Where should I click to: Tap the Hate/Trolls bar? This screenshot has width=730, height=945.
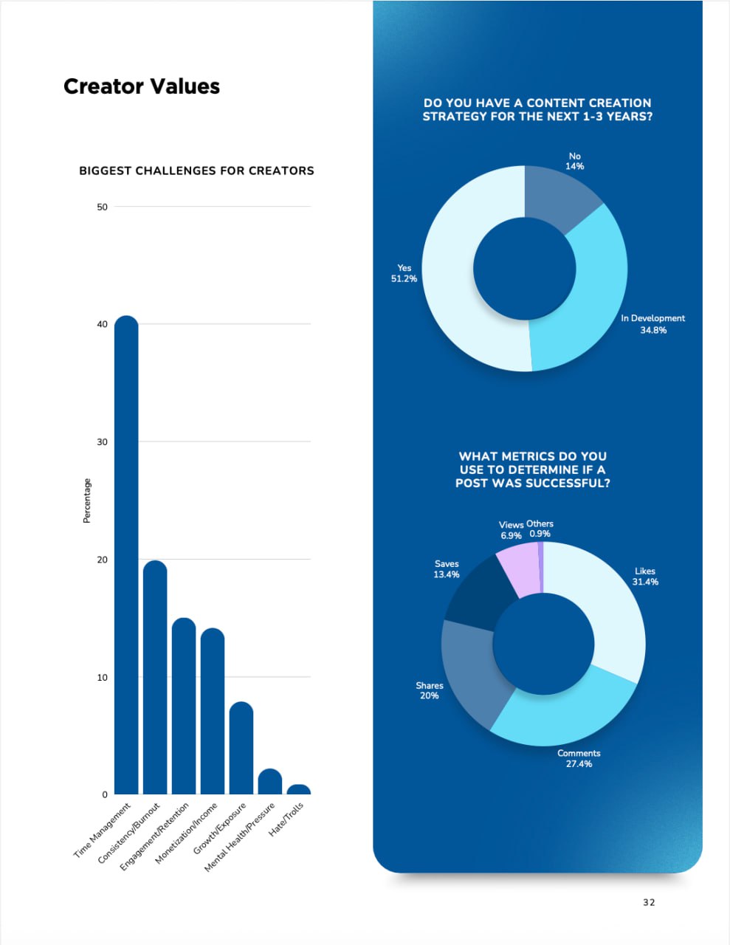click(298, 789)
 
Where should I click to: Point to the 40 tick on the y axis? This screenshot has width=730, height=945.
click(102, 324)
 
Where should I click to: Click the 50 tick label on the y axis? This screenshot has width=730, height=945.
click(102, 207)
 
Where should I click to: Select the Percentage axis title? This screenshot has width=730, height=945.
click(87, 501)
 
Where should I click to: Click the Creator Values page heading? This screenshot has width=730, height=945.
click(142, 86)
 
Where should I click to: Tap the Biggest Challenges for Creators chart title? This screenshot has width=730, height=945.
click(196, 171)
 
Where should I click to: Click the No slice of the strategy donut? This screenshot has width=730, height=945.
click(560, 195)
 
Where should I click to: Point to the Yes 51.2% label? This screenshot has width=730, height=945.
click(404, 273)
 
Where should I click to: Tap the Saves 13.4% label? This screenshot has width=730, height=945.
click(447, 569)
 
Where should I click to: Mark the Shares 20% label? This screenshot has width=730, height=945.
click(429, 690)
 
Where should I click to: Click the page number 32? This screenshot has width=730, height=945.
click(649, 902)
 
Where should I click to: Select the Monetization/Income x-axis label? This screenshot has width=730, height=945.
click(187, 833)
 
